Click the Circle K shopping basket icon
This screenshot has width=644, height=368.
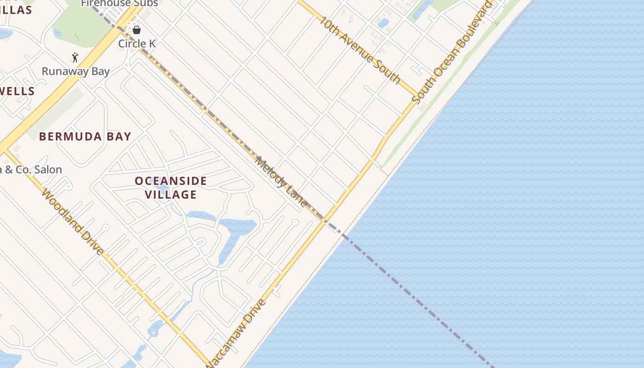137,30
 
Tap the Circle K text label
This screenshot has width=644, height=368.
137,44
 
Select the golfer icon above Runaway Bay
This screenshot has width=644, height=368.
75,58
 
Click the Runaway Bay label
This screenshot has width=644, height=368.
76,71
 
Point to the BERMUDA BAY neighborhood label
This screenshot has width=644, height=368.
85,137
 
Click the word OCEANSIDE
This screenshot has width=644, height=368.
171,181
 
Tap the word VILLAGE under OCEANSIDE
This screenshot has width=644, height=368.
171,195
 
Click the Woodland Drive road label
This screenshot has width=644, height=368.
72,222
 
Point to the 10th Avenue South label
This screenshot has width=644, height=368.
360,50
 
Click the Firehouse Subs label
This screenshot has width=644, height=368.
120,4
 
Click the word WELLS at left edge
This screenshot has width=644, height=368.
17,91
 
